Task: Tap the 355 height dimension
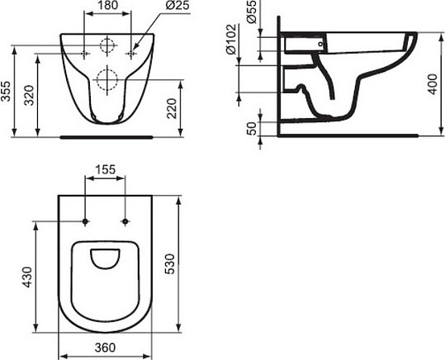click(x=7, y=91)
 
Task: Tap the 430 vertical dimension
click(x=26, y=276)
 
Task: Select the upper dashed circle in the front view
click(x=107, y=47)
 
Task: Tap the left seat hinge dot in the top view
click(x=86, y=221)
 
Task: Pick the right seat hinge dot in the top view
click(x=125, y=221)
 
